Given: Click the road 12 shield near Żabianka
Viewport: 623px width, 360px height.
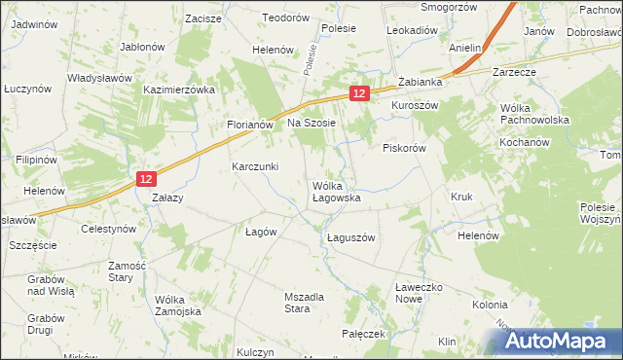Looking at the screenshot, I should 359,92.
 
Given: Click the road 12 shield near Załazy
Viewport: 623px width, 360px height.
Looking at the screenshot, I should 145,179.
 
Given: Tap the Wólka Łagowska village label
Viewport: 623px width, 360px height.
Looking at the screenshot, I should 337,191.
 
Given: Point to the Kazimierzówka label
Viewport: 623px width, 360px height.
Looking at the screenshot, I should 178,89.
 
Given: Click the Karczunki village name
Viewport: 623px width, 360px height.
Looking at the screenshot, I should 256,166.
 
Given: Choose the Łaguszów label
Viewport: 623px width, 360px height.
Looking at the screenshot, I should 350,237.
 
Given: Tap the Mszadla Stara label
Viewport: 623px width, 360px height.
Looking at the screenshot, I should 283,303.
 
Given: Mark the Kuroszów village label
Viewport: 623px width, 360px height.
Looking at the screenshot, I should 417,105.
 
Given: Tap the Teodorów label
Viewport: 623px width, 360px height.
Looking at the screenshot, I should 285,18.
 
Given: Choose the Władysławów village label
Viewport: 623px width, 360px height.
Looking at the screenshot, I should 100,77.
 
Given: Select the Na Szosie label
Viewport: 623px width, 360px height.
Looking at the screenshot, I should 311,123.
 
